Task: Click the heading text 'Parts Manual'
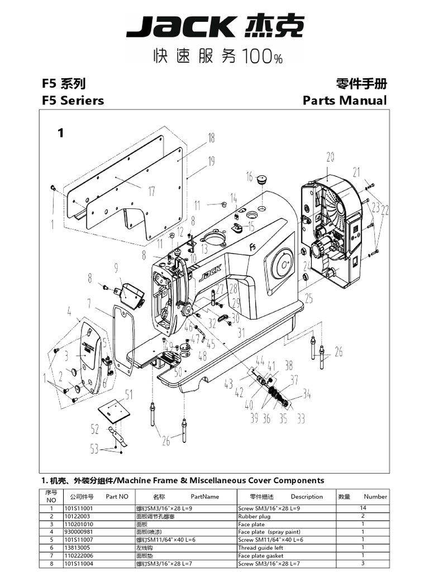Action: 344,101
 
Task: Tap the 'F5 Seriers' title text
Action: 73,101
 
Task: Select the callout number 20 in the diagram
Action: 330,156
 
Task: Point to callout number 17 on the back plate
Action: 151,192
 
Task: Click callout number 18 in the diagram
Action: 211,138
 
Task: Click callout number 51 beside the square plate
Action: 129,395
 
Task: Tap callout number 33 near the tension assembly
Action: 301,418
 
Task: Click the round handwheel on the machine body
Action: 283,263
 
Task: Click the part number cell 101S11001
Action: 79,508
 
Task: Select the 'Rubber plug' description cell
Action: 254,517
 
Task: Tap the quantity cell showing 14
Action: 363,508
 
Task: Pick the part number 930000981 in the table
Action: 79,532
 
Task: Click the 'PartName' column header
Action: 204,496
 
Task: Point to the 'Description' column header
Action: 307,496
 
